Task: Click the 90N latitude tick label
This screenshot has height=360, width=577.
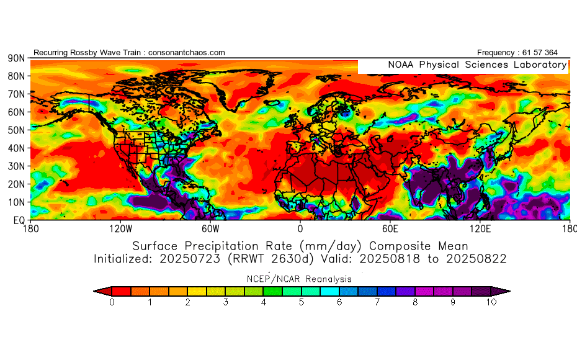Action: pyautogui.click(x=16, y=58)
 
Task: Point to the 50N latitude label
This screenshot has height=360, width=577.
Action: pyautogui.click(x=16, y=130)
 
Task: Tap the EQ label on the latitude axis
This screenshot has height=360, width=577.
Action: pyautogui.click(x=18, y=220)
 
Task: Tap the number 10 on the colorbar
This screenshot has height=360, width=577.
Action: pyautogui.click(x=491, y=303)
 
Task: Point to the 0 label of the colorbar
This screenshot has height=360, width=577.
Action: pyautogui.click(x=112, y=303)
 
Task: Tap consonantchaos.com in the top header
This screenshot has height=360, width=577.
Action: pyautogui.click(x=186, y=53)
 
